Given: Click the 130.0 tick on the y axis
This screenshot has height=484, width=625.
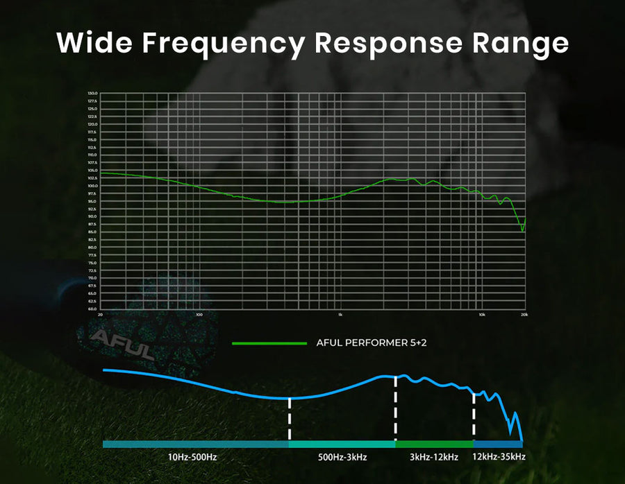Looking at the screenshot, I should tap(92, 94).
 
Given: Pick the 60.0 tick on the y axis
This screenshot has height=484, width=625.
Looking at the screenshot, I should tap(92, 309).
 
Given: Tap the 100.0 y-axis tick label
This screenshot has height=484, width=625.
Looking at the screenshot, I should tap(92, 186).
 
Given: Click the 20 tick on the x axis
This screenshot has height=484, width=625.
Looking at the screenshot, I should tap(101, 315).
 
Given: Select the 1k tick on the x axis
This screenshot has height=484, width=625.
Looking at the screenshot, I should tap(340, 315).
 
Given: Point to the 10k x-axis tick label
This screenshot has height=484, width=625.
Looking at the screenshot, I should tap(481, 315).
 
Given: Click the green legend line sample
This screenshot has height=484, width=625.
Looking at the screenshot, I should tap(269, 343).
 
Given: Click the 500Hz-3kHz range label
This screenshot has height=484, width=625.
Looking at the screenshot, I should tap(342, 457).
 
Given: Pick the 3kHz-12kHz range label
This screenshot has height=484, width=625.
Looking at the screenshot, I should tap(434, 457).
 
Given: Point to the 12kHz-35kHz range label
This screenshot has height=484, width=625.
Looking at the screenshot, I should tap(499, 457).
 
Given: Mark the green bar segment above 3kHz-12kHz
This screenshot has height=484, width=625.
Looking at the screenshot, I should tap(434, 444).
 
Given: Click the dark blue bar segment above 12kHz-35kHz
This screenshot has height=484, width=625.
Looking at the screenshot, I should tap(498, 444).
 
